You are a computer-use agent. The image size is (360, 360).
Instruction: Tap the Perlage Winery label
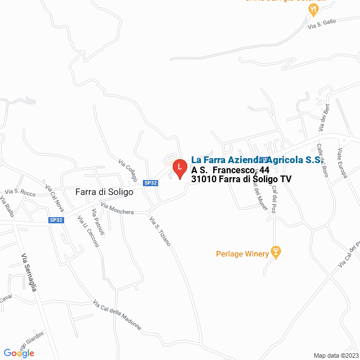click(242, 254)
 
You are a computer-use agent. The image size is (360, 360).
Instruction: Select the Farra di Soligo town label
click(104, 192)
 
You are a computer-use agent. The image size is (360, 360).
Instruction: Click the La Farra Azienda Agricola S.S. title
click(256, 160)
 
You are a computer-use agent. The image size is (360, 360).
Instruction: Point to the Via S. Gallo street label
click(321, 24)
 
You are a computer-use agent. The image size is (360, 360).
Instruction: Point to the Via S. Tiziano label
click(160, 231)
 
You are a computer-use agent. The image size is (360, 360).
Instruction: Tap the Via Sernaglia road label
click(29, 273)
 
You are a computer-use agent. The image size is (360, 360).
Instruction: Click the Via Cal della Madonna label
click(117, 314)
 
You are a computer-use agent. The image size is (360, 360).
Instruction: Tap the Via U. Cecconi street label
click(88, 231)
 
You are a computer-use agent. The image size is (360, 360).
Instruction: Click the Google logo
click(19, 353)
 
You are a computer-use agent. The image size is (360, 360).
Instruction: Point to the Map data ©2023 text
click(335, 355)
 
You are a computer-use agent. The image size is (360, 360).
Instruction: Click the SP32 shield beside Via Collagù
click(150, 183)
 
